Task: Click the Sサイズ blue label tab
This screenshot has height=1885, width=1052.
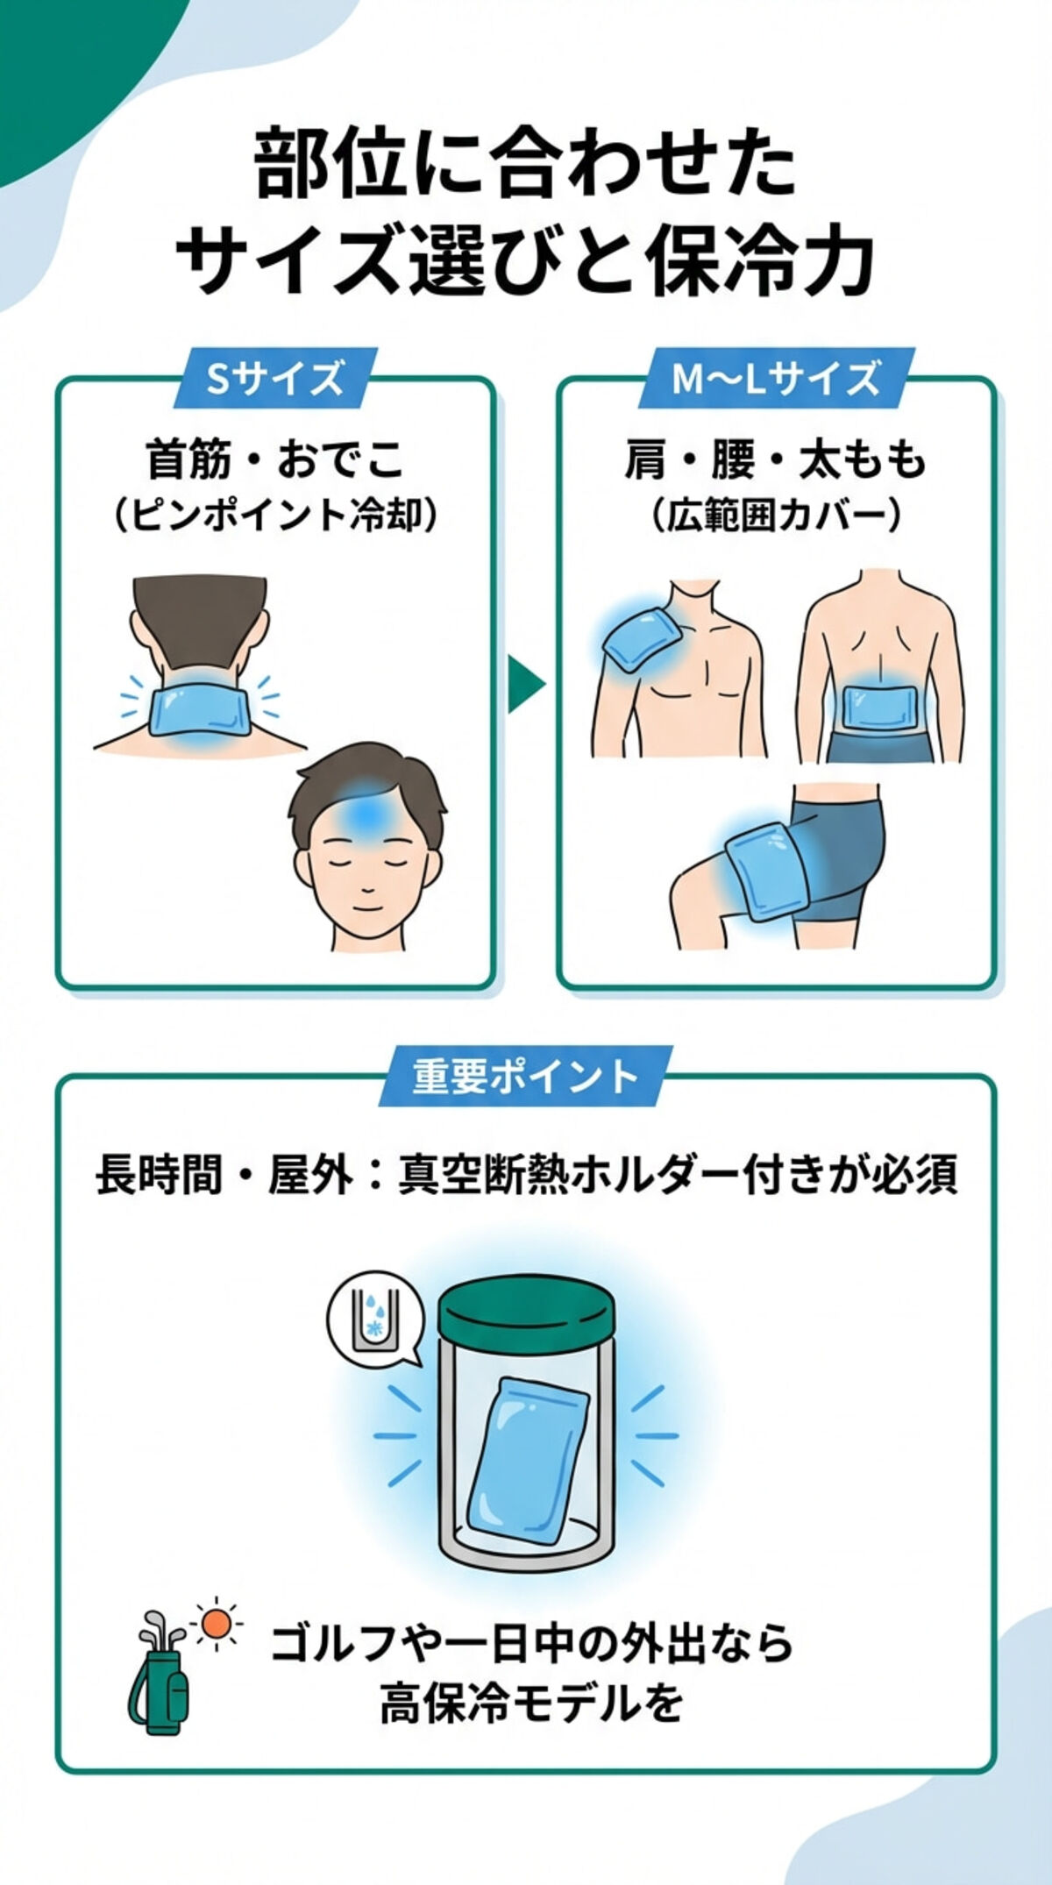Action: coord(274,379)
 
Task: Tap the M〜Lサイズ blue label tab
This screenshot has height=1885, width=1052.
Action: coord(775,379)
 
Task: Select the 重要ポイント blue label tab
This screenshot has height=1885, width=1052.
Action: coord(525,1076)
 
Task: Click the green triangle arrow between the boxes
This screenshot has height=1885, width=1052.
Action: coord(524,684)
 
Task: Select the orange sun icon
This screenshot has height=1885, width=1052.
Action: coord(215,1624)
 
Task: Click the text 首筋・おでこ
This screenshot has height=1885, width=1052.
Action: coord(274,459)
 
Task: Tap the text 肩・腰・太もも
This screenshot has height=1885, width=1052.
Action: coord(775,459)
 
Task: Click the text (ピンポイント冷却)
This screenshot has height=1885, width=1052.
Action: coord(274,516)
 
